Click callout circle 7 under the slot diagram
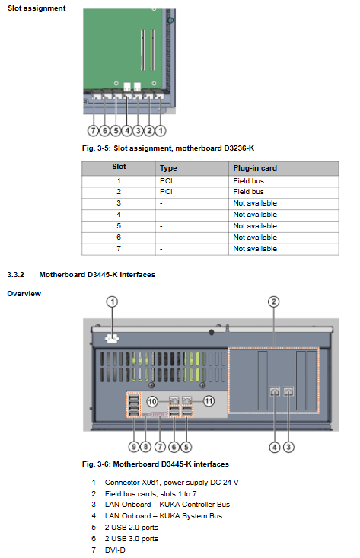tap(93, 131)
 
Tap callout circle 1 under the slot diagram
tap(161, 131)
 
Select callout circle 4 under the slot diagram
tap(127, 131)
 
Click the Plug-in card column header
tap(255, 168)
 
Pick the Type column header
tap(168, 168)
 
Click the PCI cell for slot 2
tap(166, 192)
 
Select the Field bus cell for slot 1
tap(248, 181)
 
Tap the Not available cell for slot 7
tap(255, 249)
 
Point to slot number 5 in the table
tap(119, 226)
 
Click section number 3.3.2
tap(15, 275)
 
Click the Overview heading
tap(24, 294)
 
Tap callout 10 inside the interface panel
tap(152, 402)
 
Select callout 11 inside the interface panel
tap(209, 401)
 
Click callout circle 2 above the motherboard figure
tap(273, 301)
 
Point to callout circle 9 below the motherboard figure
tap(134, 447)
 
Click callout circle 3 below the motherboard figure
tap(288, 447)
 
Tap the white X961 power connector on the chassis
tap(112, 339)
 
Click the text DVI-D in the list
tap(115, 550)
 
